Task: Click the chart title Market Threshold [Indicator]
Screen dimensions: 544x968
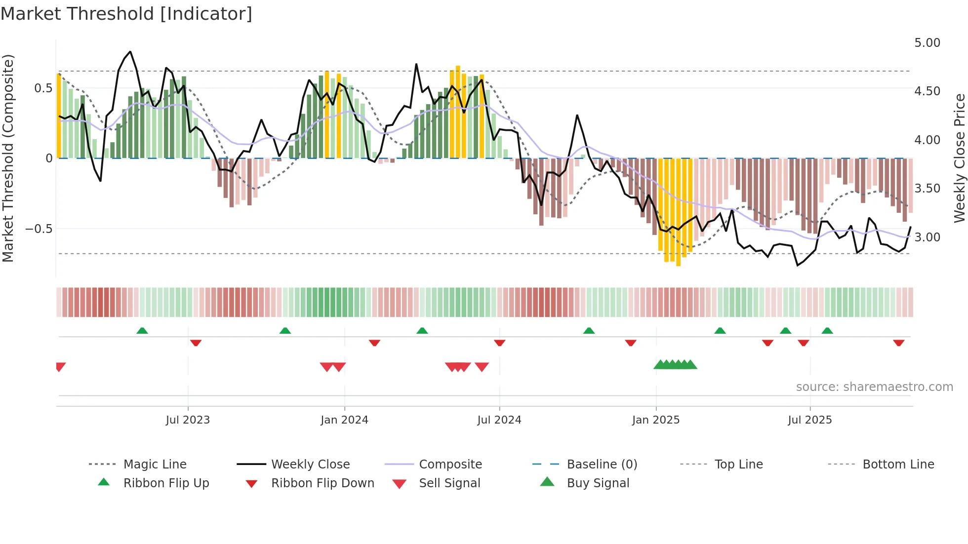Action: [126, 14]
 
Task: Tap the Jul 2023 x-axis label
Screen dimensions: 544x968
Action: [188, 420]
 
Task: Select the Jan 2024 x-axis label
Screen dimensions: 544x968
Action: [344, 420]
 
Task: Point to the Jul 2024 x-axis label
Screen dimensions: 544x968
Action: [499, 420]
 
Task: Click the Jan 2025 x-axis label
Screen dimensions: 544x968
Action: [655, 420]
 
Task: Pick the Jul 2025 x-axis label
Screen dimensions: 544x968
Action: [809, 420]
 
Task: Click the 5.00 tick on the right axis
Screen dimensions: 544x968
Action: [927, 43]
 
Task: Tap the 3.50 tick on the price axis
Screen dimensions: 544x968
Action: [927, 189]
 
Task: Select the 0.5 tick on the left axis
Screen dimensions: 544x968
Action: [43, 88]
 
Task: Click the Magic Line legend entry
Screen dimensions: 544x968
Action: [155, 465]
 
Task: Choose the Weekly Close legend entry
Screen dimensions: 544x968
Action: [310, 465]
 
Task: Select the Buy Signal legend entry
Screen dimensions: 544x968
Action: [598, 483]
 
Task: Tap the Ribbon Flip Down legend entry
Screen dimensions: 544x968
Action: [322, 483]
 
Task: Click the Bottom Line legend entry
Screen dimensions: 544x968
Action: [898, 465]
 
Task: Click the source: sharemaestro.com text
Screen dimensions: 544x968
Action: [874, 387]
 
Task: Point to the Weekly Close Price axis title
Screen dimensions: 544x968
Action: [959, 158]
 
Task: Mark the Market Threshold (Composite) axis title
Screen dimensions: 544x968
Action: [8, 158]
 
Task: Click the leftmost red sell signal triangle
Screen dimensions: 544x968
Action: [60, 366]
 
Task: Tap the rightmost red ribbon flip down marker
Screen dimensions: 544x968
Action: [898, 343]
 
